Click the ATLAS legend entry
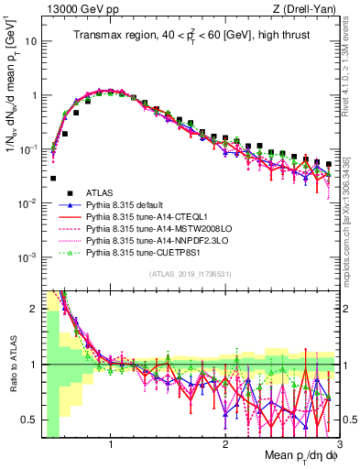(101, 193)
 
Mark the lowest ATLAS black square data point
(53, 179)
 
